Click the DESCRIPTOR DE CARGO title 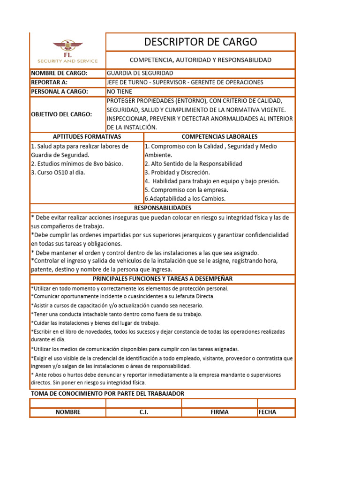click(x=201, y=42)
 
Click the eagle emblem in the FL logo click(x=67, y=46)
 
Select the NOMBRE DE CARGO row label click(x=52, y=73)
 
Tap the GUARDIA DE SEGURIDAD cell click(x=140, y=73)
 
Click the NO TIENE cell click(x=120, y=91)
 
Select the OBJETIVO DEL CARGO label click(x=61, y=114)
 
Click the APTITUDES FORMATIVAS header click(x=87, y=136)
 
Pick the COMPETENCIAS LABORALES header click(x=219, y=136)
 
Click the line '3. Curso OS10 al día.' click(x=58, y=172)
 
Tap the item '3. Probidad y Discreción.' click(x=177, y=172)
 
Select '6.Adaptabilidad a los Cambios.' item click(x=185, y=199)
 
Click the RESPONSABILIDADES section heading click(x=163, y=208)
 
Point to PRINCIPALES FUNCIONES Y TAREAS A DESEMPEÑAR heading click(x=163, y=278)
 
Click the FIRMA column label click(x=219, y=412)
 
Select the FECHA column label click(x=267, y=412)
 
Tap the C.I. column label click(x=143, y=412)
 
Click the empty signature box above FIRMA click(x=219, y=403)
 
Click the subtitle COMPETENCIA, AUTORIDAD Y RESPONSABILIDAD click(x=201, y=60)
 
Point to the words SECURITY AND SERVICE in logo click(x=67, y=61)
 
